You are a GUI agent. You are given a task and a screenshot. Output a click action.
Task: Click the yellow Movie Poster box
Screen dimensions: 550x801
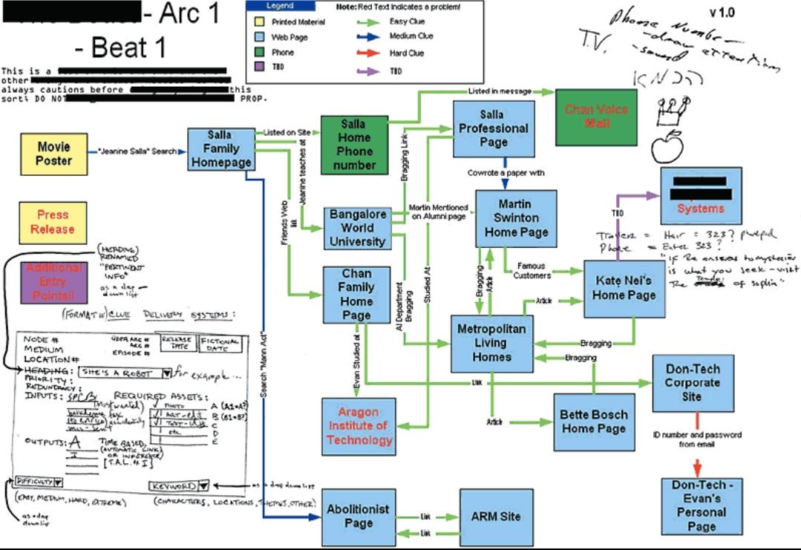54,154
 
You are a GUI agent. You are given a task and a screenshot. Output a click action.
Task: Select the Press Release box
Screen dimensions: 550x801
53,223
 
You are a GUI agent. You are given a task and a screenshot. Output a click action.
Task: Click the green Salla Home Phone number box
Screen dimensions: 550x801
353,145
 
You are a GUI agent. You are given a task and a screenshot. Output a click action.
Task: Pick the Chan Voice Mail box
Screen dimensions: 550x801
596,116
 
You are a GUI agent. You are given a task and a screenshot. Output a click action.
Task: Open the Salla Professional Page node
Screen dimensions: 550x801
494,128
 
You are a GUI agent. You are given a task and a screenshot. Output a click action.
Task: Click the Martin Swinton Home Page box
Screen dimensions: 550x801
516,218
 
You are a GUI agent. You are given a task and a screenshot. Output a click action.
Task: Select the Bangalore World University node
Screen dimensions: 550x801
357,228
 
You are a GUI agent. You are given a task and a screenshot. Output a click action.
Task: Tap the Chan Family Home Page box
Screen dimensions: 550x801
356,295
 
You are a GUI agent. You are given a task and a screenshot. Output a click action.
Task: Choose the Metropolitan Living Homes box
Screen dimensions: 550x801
491,343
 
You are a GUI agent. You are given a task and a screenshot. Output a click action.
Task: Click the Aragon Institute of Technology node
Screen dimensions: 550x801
359,426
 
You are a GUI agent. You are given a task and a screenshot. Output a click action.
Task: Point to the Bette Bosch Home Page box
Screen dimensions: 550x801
594,422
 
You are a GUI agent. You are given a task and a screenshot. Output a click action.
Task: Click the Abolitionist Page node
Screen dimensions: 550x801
359,517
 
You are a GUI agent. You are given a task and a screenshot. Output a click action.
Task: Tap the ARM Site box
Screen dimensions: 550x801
496,517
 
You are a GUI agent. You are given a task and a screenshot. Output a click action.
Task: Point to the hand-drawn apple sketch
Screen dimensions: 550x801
666,147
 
